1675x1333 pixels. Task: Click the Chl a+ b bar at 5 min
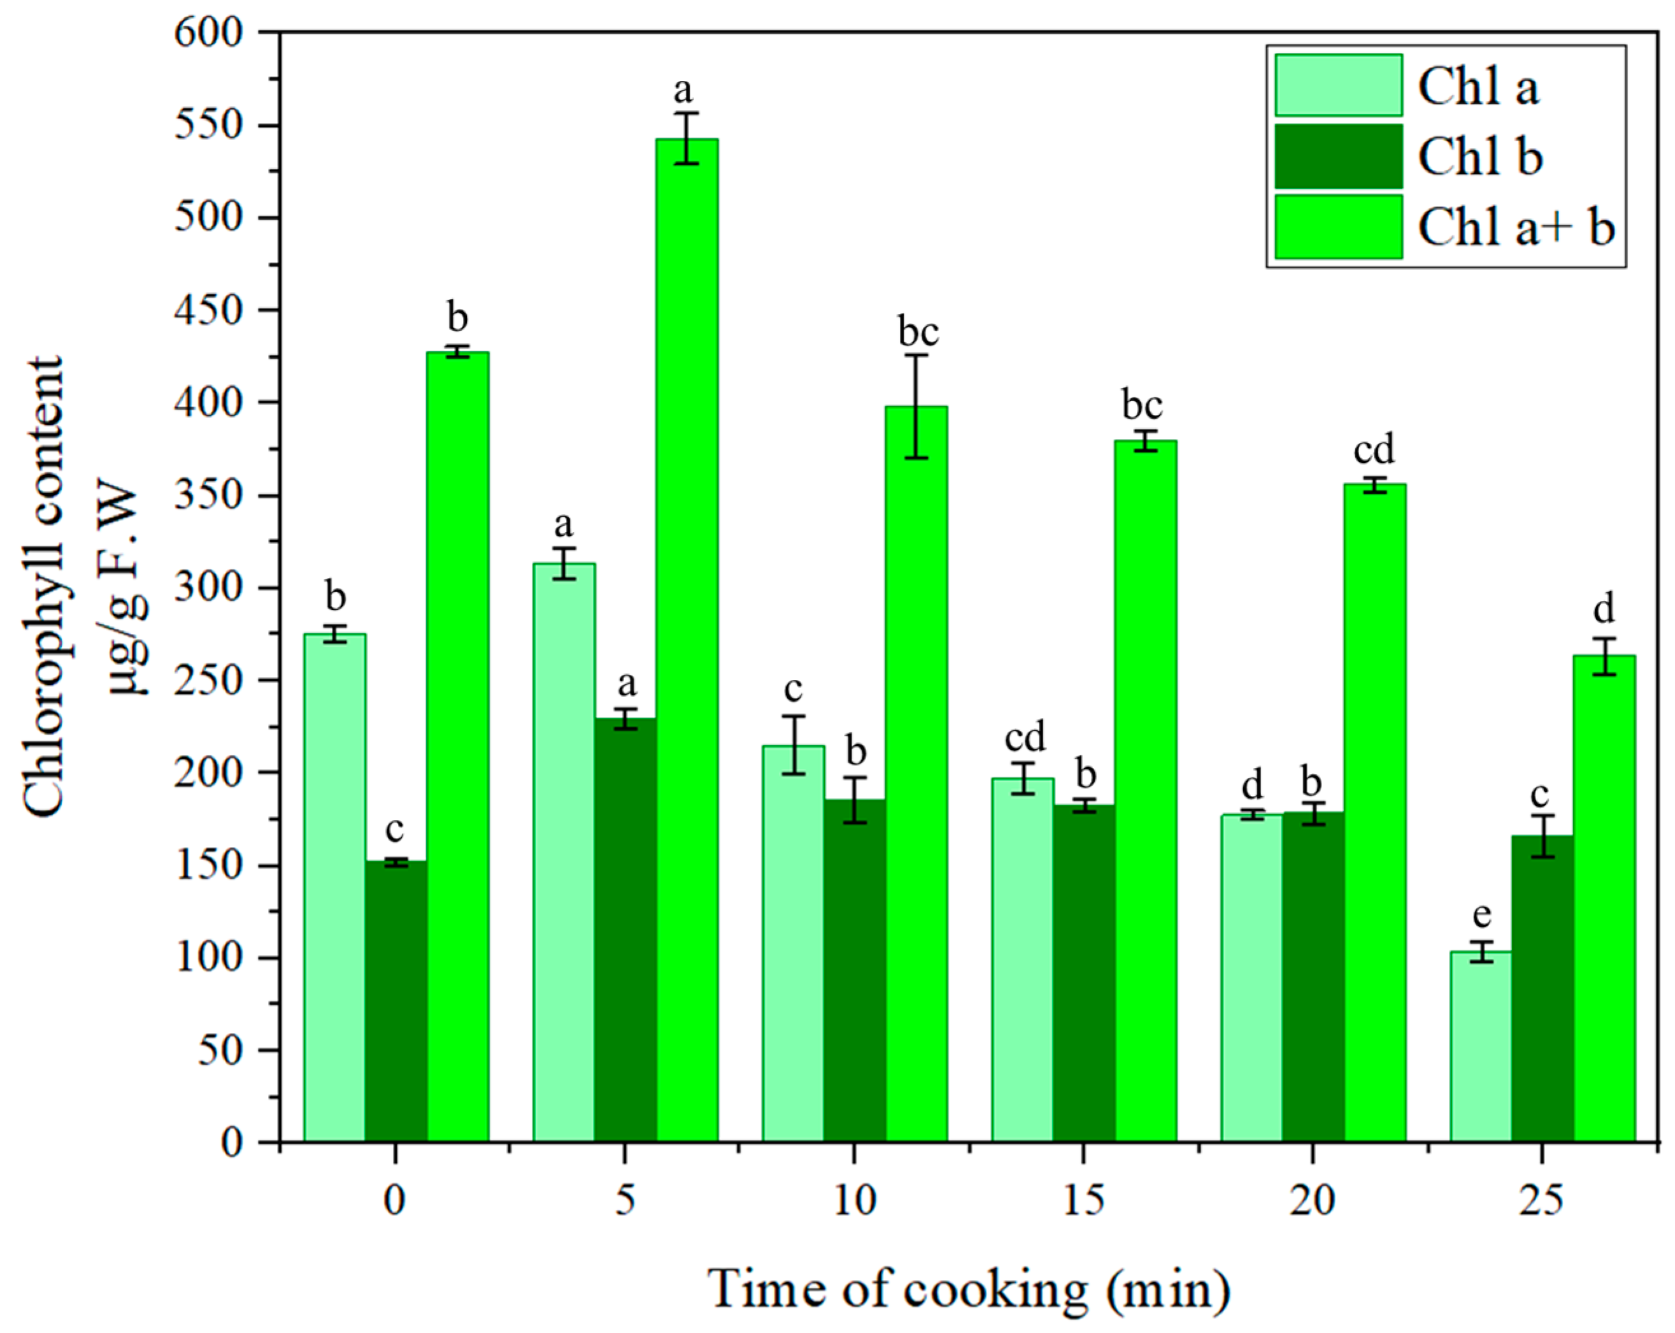pyautogui.click(x=687, y=637)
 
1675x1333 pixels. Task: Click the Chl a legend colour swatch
pyautogui.click(x=1338, y=85)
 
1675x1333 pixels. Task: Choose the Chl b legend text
pyautogui.click(x=1480, y=157)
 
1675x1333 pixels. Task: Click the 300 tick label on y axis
pyautogui.click(x=208, y=587)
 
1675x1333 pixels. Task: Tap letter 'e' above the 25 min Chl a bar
pyautogui.click(x=1481, y=916)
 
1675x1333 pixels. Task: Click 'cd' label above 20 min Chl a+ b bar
pyautogui.click(x=1374, y=450)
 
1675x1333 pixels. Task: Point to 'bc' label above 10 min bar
pyautogui.click(x=918, y=332)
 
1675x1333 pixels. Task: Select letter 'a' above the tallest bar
pyautogui.click(x=682, y=92)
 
